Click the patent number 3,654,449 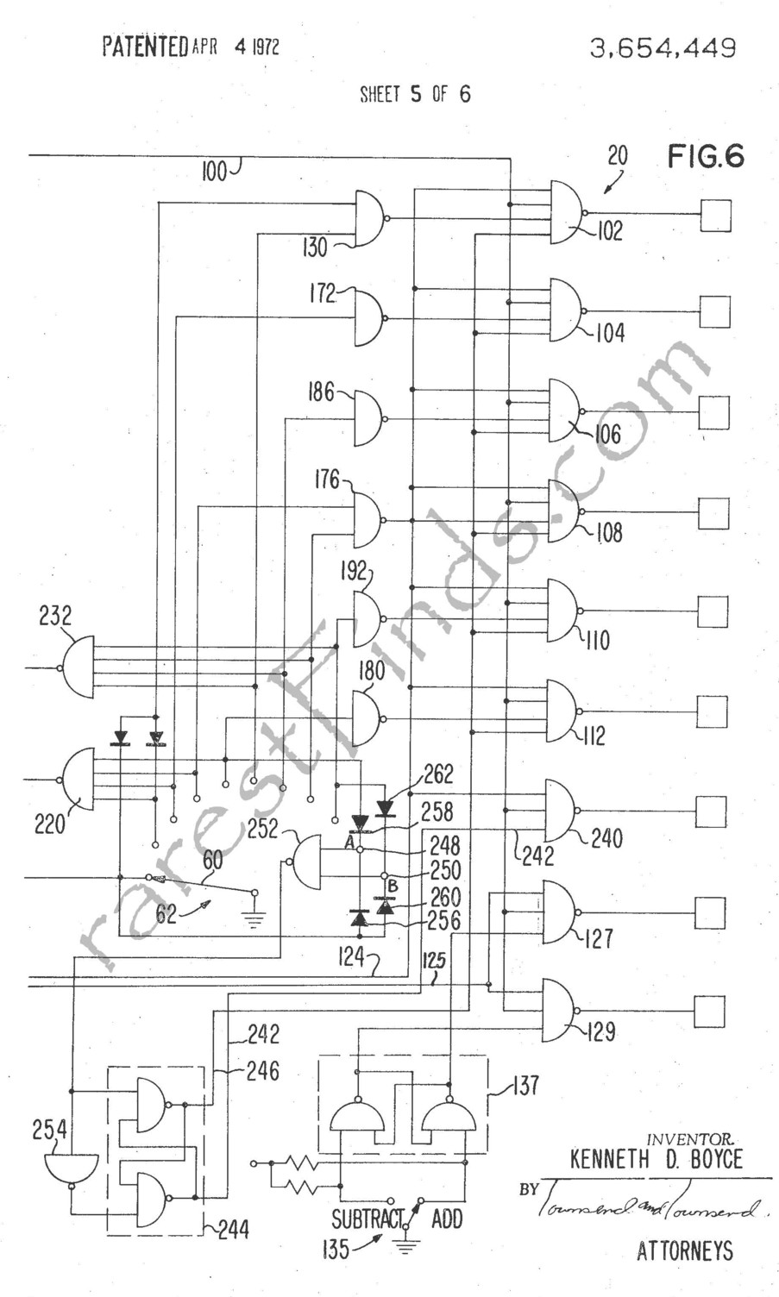(x=663, y=48)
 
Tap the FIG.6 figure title (x=705, y=156)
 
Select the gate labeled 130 (x=370, y=218)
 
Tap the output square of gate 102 (x=715, y=216)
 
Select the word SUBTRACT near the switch (x=368, y=1219)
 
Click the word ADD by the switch (x=447, y=1219)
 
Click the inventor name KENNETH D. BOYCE (x=656, y=1158)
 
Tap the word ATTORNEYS (x=685, y=1250)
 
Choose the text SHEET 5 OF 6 (x=415, y=94)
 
